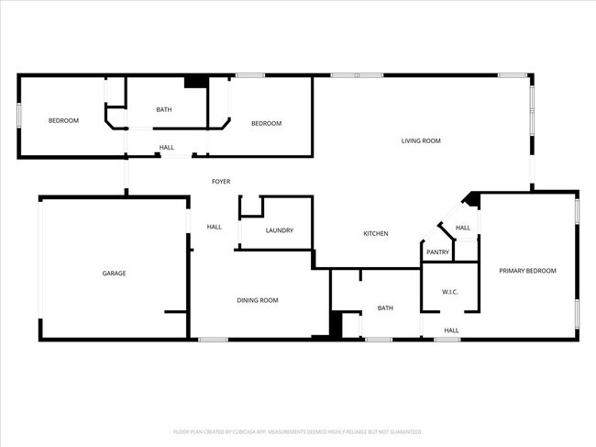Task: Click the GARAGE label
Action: [x=114, y=274]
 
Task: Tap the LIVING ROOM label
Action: [x=422, y=140]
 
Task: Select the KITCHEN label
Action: [x=376, y=234]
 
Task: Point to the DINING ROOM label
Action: [x=258, y=300]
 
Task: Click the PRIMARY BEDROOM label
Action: [x=527, y=271]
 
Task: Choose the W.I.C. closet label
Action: [x=449, y=293]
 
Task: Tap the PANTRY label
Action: [x=438, y=252]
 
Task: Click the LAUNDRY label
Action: [x=279, y=230]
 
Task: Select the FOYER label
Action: [x=221, y=182]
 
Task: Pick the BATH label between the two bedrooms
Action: [x=163, y=110]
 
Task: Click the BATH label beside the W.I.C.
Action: [x=385, y=308]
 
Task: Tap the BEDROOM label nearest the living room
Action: [x=266, y=123]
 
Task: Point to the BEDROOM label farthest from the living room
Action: [x=63, y=121]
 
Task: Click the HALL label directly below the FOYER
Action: [x=215, y=227]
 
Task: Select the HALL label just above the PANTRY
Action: [x=463, y=228]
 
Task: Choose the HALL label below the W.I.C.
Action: [x=451, y=330]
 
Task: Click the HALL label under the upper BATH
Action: [x=167, y=147]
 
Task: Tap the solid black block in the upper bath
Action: [x=194, y=82]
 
